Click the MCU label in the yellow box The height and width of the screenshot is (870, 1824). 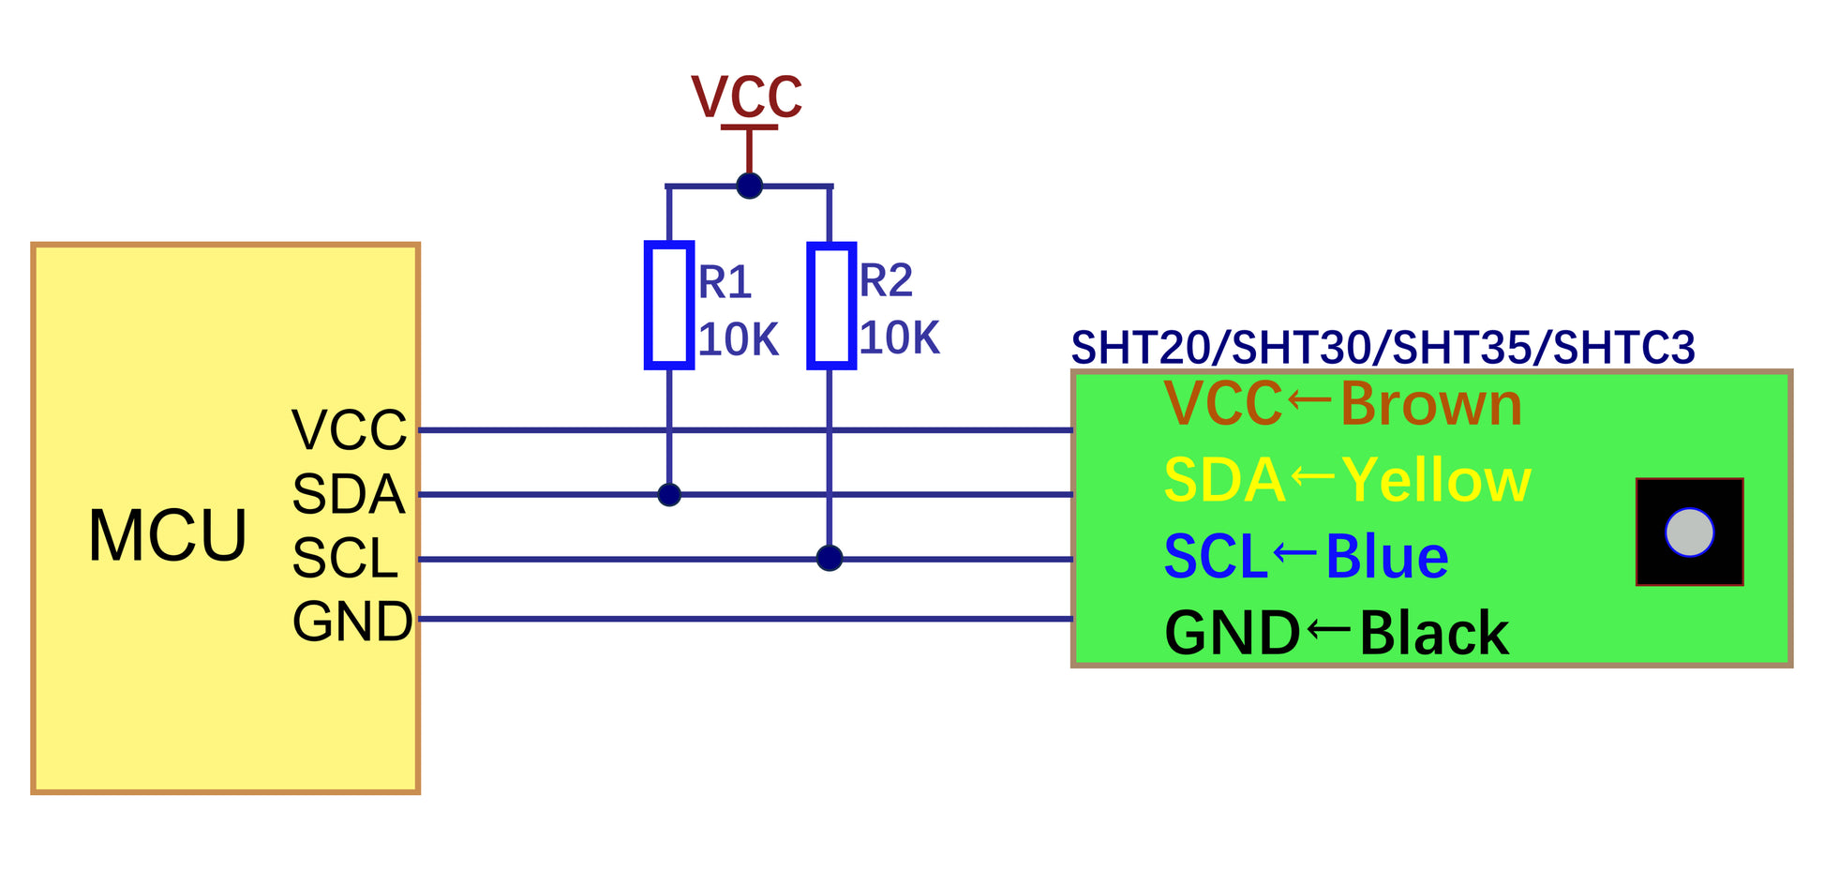(x=168, y=536)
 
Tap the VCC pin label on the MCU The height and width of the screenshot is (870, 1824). (x=349, y=430)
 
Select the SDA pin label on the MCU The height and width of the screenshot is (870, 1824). (x=348, y=494)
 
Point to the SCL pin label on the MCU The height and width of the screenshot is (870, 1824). (x=345, y=559)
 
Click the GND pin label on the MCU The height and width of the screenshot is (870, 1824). (x=351, y=621)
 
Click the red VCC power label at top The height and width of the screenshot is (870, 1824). (x=747, y=97)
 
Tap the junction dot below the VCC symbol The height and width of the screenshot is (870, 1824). (x=749, y=186)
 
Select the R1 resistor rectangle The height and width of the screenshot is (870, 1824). (x=669, y=305)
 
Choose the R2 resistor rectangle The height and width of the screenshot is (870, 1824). (x=830, y=305)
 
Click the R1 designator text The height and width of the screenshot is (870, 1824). (x=725, y=282)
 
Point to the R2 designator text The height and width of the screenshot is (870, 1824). (x=886, y=280)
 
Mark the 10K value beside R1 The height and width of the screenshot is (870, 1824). (x=738, y=339)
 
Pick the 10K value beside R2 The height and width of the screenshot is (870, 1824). (x=899, y=337)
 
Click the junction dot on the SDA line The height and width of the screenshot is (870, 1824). (x=669, y=494)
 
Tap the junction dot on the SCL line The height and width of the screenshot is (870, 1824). (x=830, y=559)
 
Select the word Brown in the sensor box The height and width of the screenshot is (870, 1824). (x=1431, y=405)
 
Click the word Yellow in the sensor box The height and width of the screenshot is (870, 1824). (x=1436, y=481)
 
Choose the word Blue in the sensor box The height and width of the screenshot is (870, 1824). (x=1387, y=557)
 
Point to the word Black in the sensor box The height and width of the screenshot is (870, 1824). (x=1434, y=634)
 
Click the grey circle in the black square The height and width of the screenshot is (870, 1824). (x=1689, y=532)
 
